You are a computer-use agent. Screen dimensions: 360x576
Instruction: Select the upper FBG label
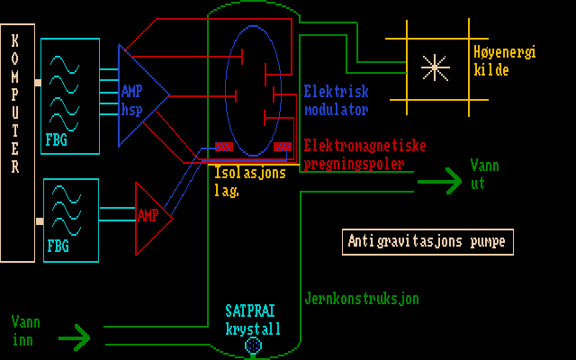point(57,139)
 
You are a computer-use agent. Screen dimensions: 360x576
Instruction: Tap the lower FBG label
point(57,245)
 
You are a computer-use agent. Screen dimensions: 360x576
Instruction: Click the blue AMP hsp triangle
point(139,94)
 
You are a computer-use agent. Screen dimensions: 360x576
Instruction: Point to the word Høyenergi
point(504,52)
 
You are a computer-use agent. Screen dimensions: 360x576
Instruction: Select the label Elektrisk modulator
point(336,101)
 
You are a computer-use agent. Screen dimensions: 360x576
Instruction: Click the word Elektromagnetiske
point(364,145)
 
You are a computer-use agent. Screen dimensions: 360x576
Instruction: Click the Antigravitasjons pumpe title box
point(427,241)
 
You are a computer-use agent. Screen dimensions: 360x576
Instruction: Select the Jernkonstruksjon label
point(362,299)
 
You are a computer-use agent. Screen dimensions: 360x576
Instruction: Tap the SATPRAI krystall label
point(252,319)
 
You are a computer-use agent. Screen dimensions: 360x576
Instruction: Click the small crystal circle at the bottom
point(253,344)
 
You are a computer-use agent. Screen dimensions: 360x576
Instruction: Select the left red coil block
point(224,147)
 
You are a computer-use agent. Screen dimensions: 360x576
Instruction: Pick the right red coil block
point(282,147)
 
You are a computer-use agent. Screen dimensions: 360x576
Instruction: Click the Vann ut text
point(484,174)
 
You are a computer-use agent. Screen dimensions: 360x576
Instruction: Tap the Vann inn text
point(26,328)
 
